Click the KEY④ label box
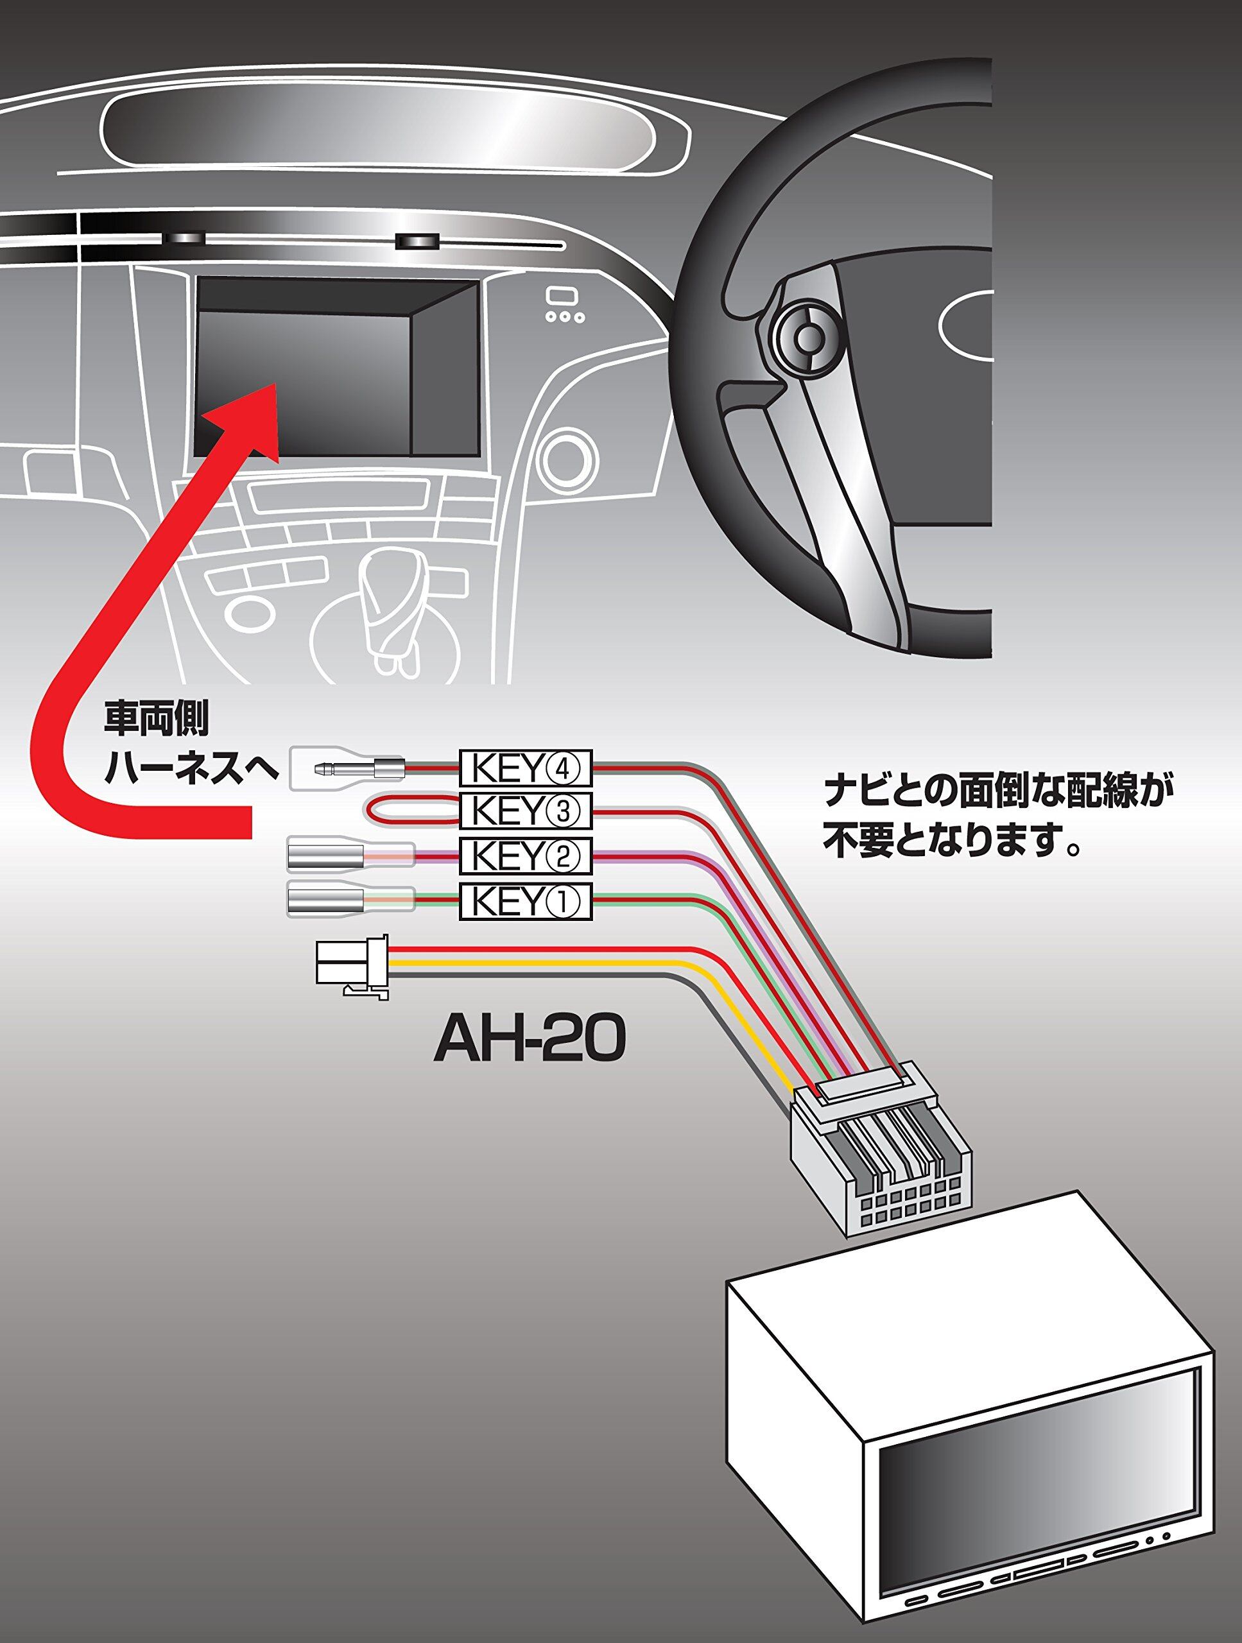tap(526, 768)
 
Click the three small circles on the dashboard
tap(565, 317)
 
